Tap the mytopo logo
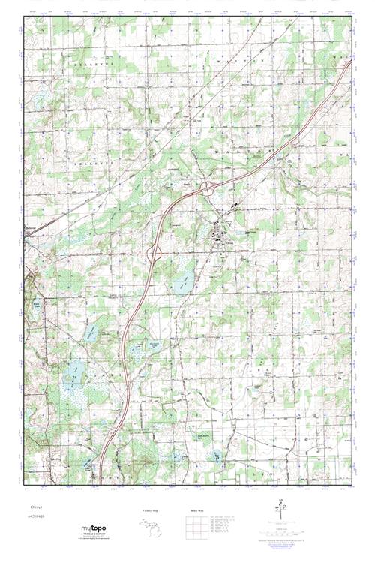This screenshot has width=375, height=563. (93, 529)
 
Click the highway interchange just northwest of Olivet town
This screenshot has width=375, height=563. (212, 188)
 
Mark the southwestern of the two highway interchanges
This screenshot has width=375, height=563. (157, 253)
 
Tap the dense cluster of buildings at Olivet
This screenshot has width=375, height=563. (220, 239)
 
